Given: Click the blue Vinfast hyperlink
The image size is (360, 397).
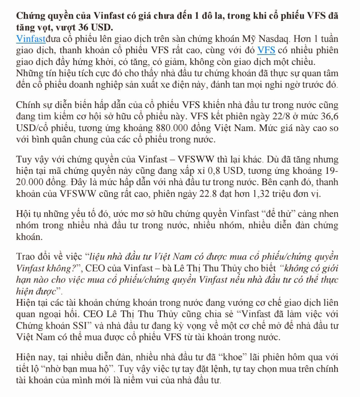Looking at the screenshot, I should pos(30,39).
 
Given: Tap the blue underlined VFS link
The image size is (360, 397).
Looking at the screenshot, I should pos(266,50).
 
